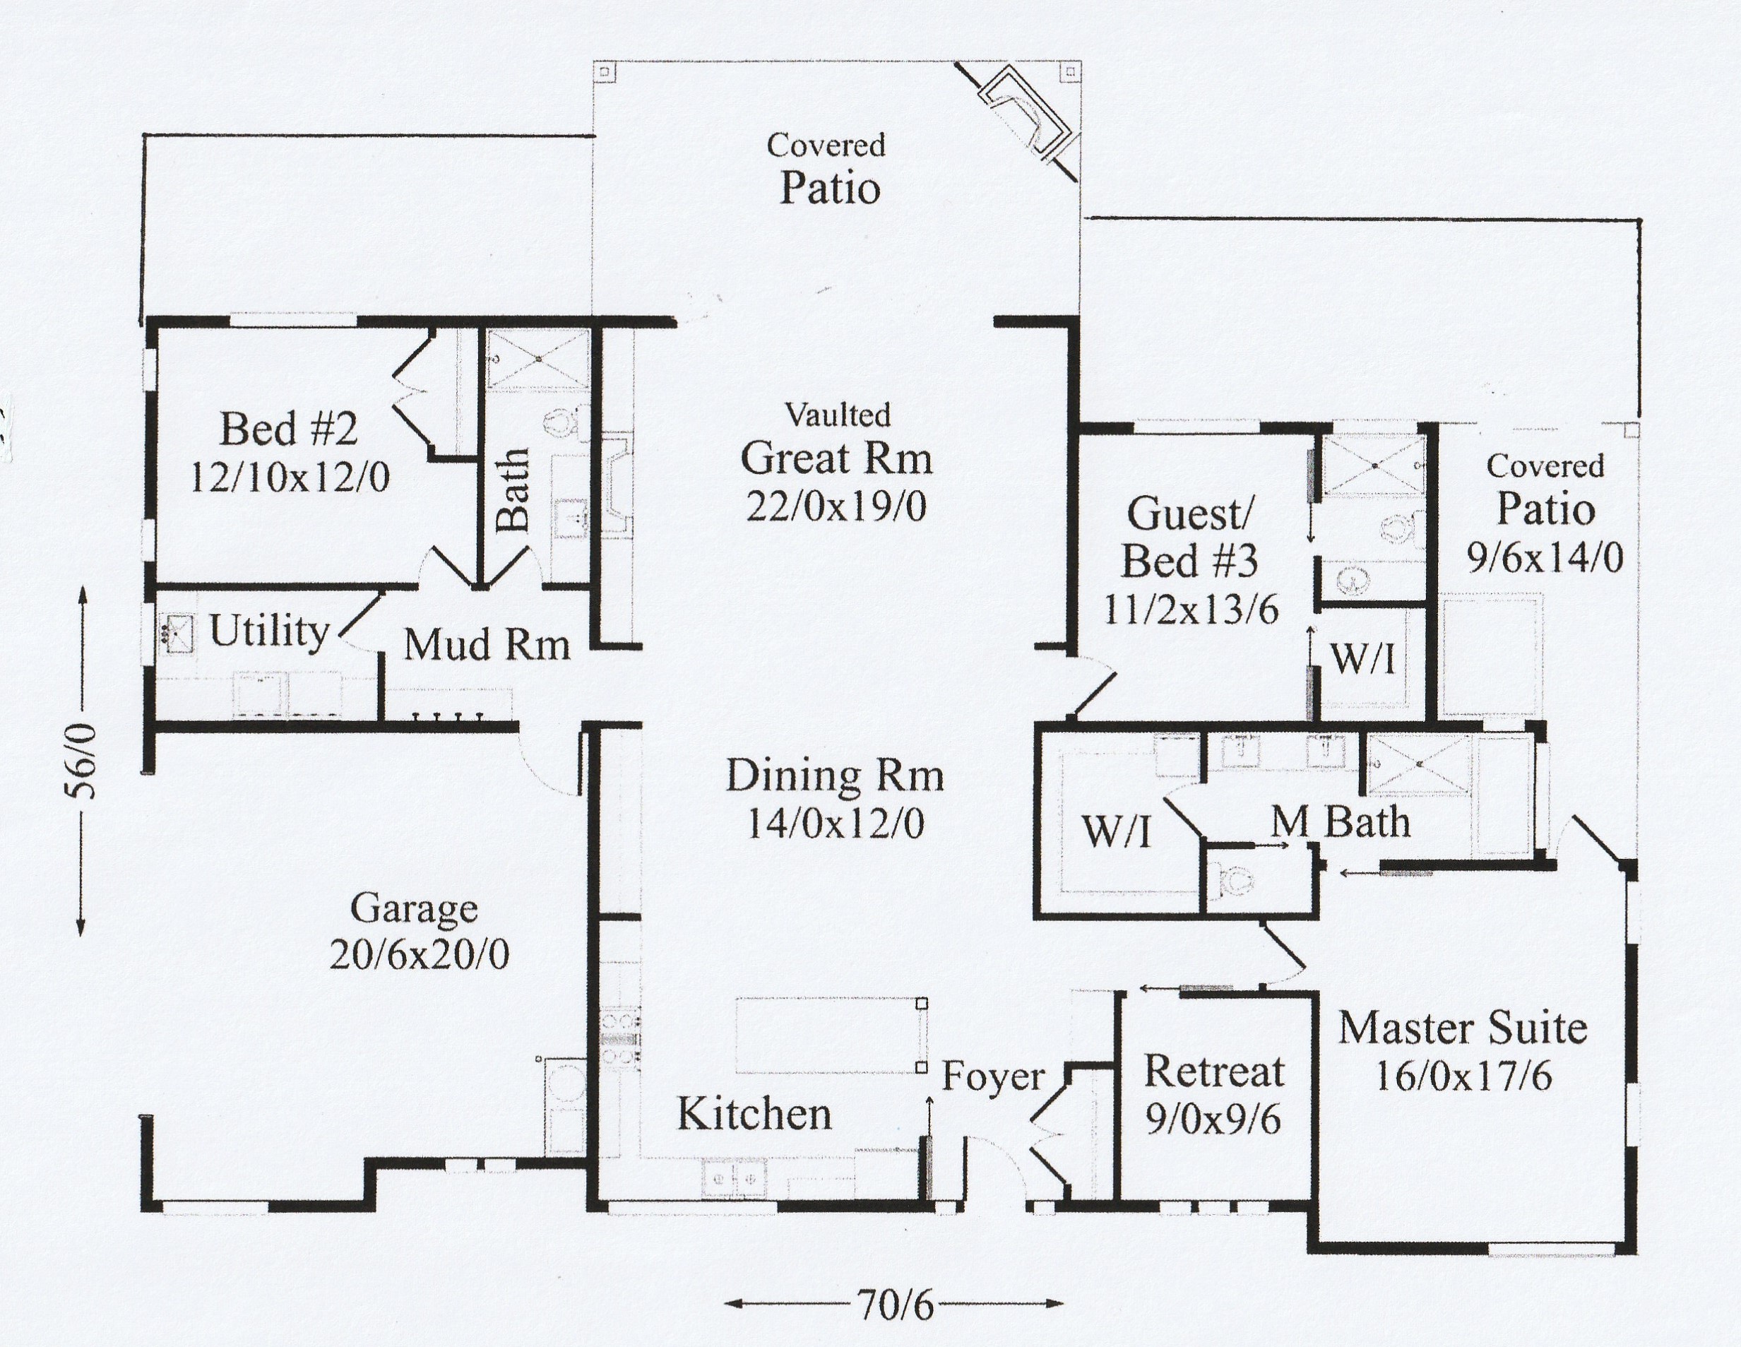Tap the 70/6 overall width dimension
tap(895, 1305)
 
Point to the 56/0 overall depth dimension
tap(82, 761)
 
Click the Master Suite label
tap(1462, 1028)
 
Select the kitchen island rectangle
tap(829, 1035)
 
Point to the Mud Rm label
tap(487, 645)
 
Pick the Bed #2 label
tap(289, 429)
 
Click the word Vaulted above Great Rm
tap(837, 415)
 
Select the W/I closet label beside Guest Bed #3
tap(1362, 659)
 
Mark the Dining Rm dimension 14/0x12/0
tap(835, 824)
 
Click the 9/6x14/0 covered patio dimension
tap(1545, 559)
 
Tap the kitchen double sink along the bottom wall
tap(734, 1178)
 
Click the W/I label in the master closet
tap(1116, 832)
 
